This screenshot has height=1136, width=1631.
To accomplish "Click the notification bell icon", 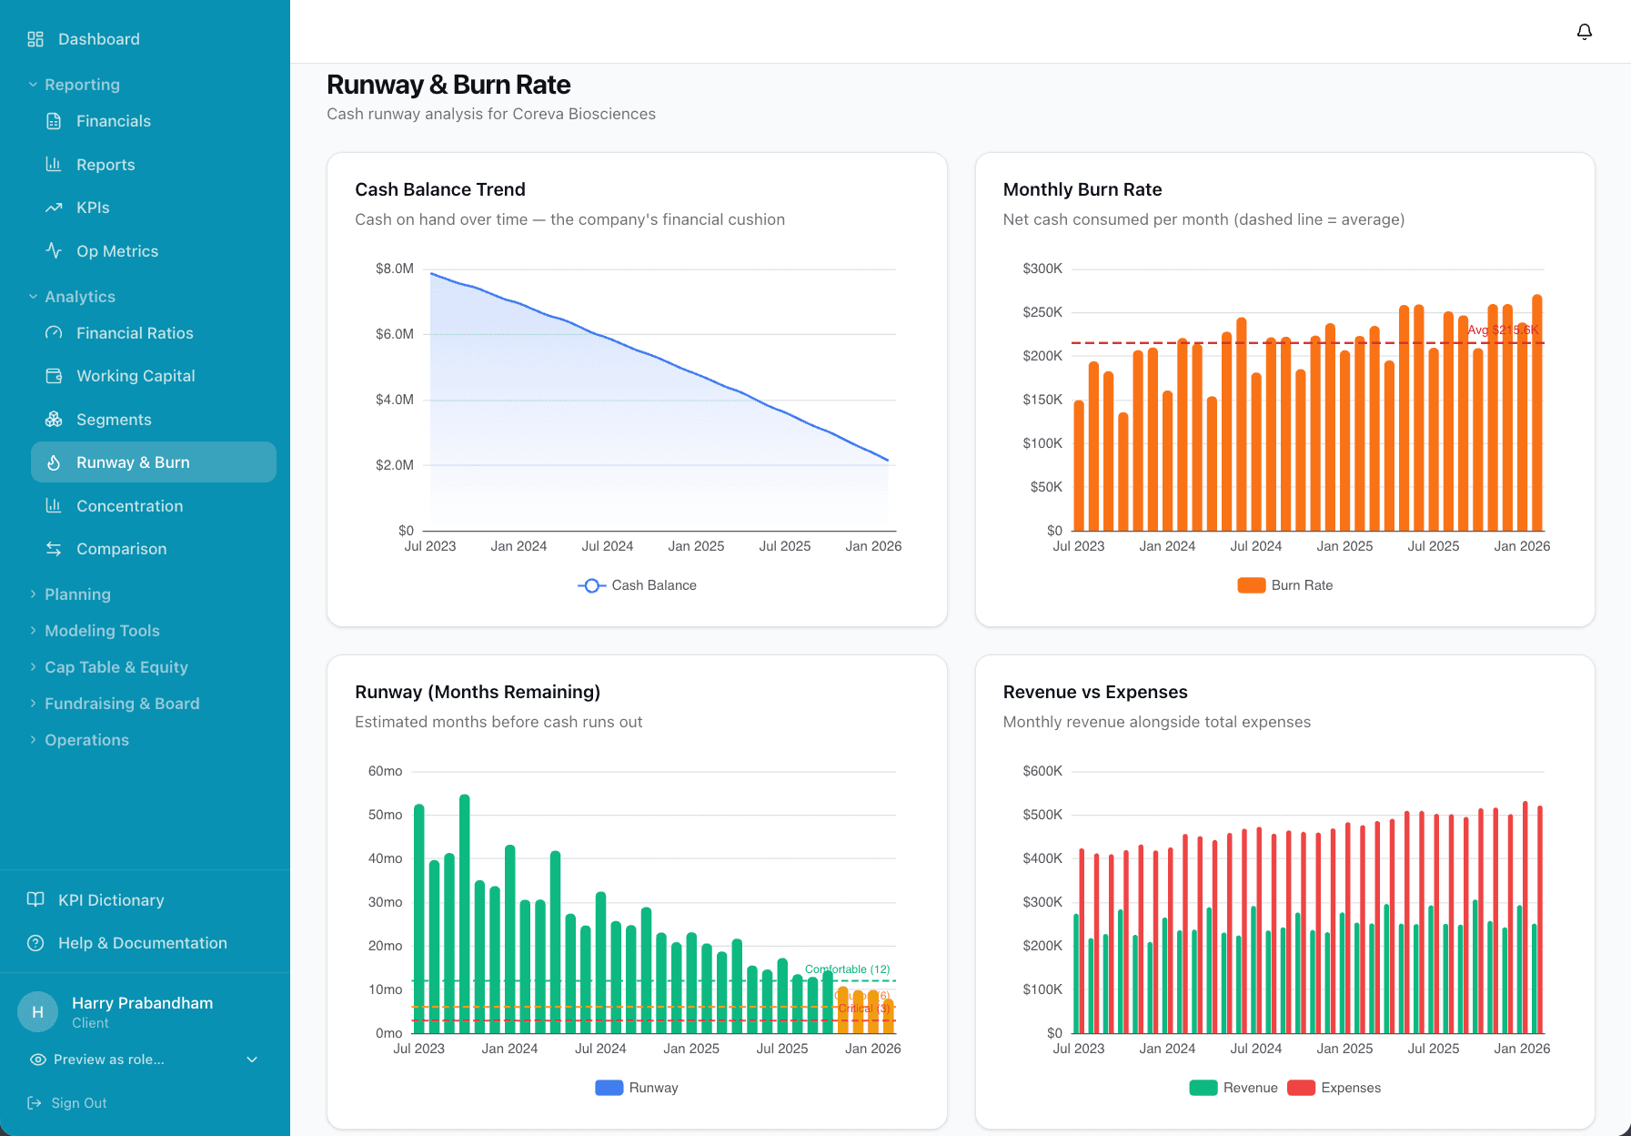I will click(1584, 32).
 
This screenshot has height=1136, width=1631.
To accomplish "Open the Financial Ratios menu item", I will click(135, 333).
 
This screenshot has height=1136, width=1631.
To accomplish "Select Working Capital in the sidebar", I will click(136, 376).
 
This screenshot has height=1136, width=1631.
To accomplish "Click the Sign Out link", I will click(78, 1102).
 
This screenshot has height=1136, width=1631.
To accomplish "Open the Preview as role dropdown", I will click(144, 1060).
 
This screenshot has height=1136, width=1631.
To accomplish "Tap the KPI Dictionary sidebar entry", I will click(111, 899).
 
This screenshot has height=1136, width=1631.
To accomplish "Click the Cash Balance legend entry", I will click(638, 585).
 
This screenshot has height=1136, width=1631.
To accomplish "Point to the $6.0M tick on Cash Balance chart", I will click(394, 334).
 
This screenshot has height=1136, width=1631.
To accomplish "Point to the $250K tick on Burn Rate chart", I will click(1042, 312).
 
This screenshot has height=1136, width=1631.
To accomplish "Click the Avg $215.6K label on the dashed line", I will click(1502, 330).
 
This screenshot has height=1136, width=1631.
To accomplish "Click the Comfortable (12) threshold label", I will click(847, 969).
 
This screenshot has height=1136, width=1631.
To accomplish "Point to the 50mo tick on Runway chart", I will click(385, 815).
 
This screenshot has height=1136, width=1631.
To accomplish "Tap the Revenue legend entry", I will click(1234, 1088).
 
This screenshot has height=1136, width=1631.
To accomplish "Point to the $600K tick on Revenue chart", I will click(1042, 771).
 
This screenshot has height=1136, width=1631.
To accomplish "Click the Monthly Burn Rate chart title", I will click(1082, 189).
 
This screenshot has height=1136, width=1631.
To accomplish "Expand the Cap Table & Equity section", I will click(116, 667).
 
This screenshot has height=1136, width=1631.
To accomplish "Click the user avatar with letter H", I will click(37, 1012).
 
